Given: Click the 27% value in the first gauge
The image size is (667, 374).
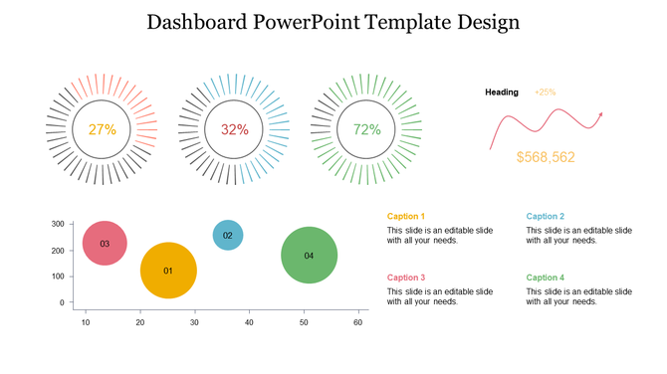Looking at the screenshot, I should tap(103, 129).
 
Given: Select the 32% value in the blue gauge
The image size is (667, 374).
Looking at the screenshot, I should tap(235, 129).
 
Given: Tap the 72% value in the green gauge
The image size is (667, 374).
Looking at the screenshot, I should tap(366, 129).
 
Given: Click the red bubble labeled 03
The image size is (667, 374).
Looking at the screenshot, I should tap(105, 243).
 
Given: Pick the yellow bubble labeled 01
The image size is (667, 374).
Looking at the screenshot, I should tap(168, 271).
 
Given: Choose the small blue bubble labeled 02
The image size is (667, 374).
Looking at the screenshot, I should tap(228, 236).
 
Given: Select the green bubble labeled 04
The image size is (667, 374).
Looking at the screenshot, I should tap(309, 256).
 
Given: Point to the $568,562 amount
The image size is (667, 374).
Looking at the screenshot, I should tap(546, 157).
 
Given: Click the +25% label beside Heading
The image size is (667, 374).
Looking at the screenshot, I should tap(546, 93).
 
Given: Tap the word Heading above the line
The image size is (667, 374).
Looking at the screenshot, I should tap(502, 93).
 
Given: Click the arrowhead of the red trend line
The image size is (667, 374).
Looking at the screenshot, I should tap(600, 116).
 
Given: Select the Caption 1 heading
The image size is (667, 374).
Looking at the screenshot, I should tap(406, 216).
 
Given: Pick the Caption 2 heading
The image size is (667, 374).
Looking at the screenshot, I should tap(546, 216).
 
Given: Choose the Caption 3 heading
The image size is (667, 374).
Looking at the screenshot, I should tap(406, 278).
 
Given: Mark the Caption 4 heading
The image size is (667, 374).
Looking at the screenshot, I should tap(546, 278).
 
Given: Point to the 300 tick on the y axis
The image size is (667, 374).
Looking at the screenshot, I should tap(58, 225).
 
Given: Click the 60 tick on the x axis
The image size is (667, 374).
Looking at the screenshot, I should tap(358, 322).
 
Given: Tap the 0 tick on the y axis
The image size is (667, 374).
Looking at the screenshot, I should tap(62, 302).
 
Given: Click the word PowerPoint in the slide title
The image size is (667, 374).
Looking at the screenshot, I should tap(298, 22).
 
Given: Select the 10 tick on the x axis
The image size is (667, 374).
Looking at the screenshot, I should tap(86, 322).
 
